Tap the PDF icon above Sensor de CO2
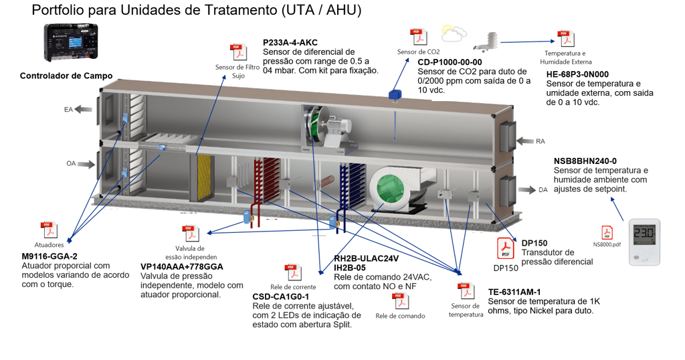pyautogui.click(x=418, y=37)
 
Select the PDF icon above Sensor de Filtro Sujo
pyautogui.click(x=238, y=52)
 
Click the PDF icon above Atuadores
pyautogui.click(x=48, y=231)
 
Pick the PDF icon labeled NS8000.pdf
pyautogui.click(x=607, y=233)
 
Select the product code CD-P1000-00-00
pyautogui.click(x=450, y=62)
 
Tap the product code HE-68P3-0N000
pyautogui.click(x=577, y=74)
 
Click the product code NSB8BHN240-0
pyautogui.click(x=585, y=161)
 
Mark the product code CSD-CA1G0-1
pyautogui.click(x=280, y=296)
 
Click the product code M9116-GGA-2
pyautogui.click(x=50, y=256)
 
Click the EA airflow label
pyautogui.click(x=68, y=109)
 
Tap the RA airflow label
pyautogui.click(x=541, y=141)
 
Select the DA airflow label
pyautogui.click(x=543, y=190)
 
